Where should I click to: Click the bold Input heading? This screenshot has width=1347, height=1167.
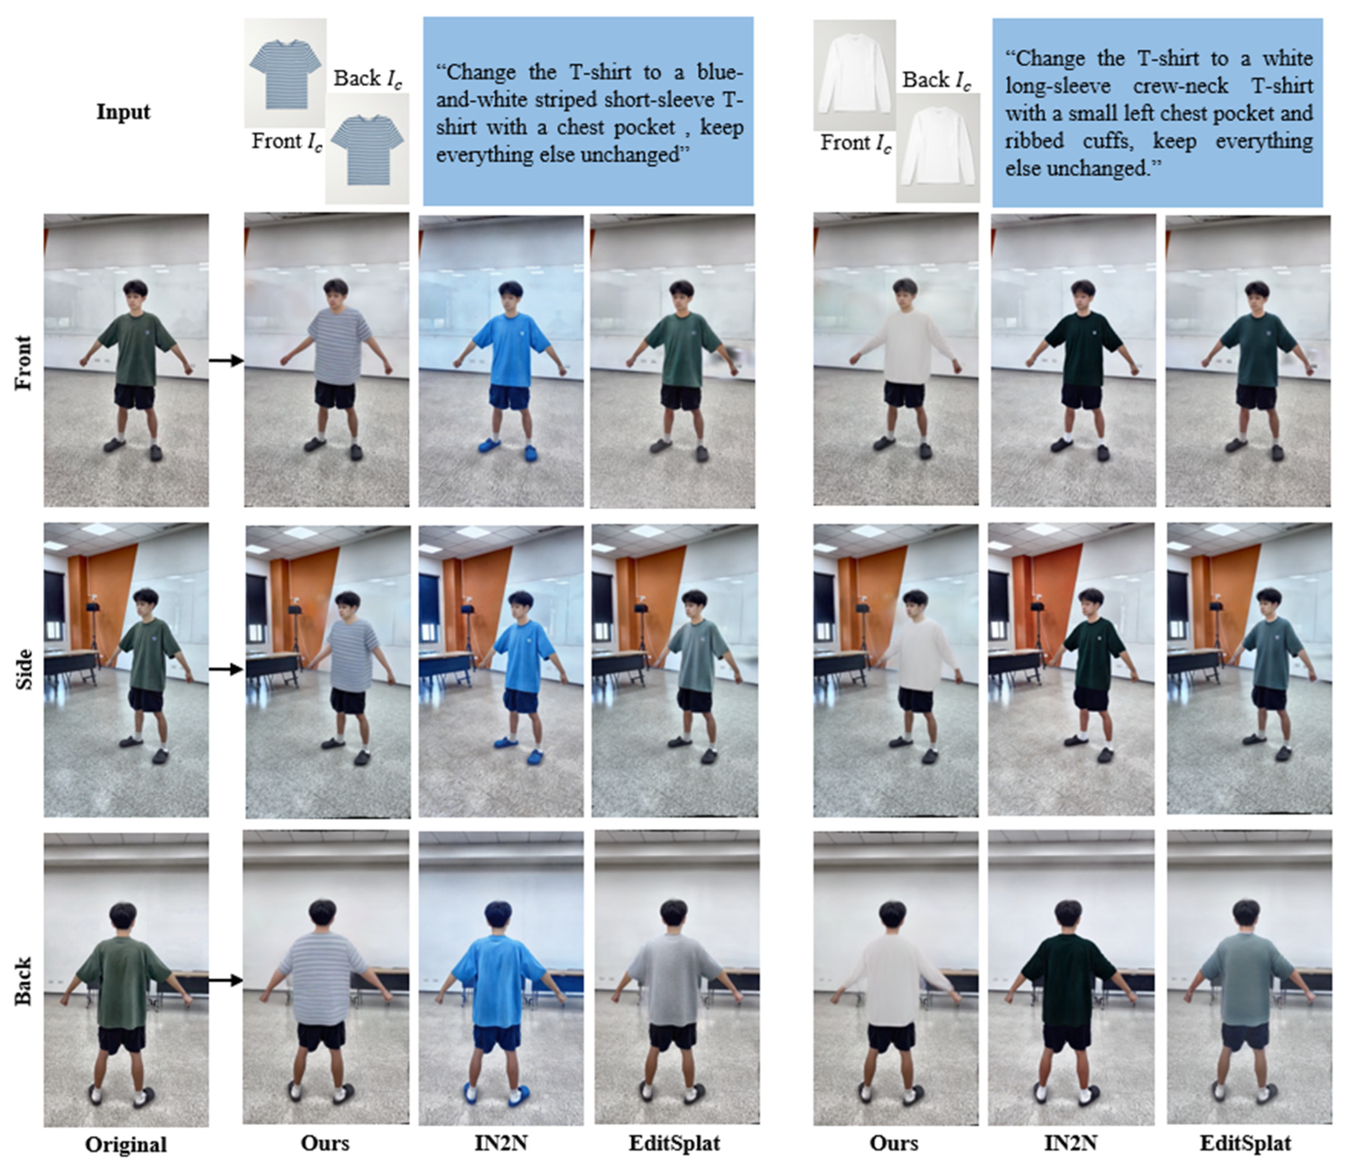(123, 112)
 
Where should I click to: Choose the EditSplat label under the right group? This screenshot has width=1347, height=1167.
(1245, 1143)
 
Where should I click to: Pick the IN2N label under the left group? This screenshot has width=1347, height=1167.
(501, 1143)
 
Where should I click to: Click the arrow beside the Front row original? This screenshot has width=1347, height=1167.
(226, 360)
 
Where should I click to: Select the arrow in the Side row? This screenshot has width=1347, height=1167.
(226, 669)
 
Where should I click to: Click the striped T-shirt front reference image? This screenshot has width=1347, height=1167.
(285, 73)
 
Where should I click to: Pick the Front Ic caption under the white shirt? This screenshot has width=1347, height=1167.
(856, 143)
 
